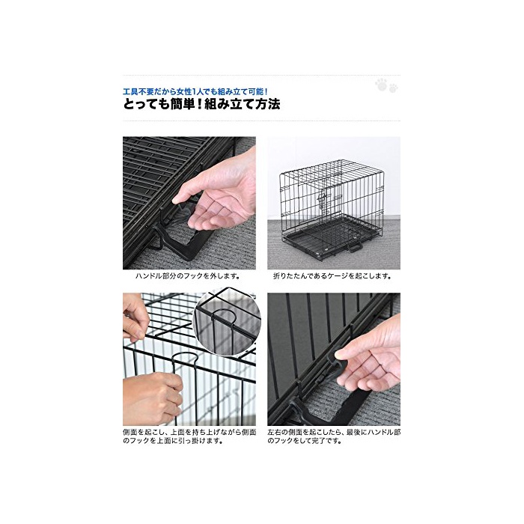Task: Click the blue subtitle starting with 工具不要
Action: [195, 91]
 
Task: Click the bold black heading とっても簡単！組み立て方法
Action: [202, 105]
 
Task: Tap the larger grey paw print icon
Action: [381, 85]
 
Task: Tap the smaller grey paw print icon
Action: [393, 88]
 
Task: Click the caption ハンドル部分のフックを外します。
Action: [187, 276]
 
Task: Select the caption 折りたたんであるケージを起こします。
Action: [332, 276]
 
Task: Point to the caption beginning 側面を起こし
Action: [189, 436]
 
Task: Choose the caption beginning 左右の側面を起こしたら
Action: [334, 436]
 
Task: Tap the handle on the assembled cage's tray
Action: [354, 248]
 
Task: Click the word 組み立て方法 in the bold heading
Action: [243, 105]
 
